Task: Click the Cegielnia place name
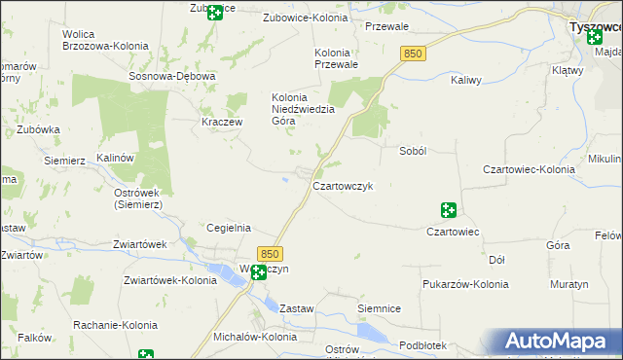(230, 228)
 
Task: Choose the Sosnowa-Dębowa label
(171, 75)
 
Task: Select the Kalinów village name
(114, 157)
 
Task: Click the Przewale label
(386, 26)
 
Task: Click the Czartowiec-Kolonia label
(528, 169)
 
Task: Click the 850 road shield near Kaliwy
(411, 54)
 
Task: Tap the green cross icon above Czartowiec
(449, 209)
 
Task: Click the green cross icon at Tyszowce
(594, 37)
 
